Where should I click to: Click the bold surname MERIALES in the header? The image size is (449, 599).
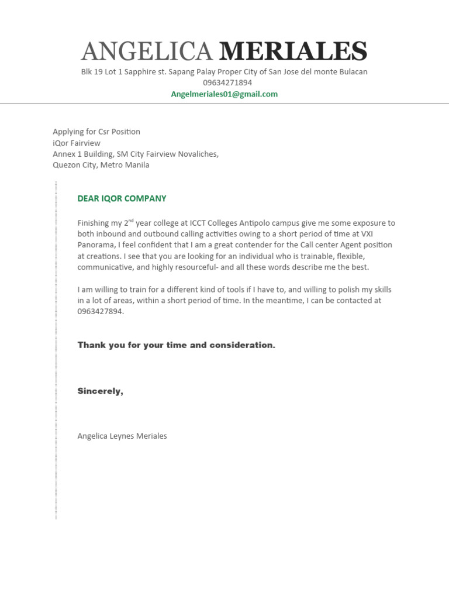pos(293,52)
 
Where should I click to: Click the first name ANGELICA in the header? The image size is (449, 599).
pos(147,52)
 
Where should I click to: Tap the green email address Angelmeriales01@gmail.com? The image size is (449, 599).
pos(224,94)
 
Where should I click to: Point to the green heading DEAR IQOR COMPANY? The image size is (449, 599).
pos(122,198)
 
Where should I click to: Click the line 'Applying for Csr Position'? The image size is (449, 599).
pos(96,132)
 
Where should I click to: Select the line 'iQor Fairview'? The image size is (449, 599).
pos(77,143)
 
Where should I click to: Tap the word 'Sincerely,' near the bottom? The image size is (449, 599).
pos(101,391)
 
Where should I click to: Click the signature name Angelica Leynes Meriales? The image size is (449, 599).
pos(122,436)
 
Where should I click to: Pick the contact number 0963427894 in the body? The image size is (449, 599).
pos(100,311)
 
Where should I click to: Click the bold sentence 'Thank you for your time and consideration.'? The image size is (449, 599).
pos(176,345)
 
